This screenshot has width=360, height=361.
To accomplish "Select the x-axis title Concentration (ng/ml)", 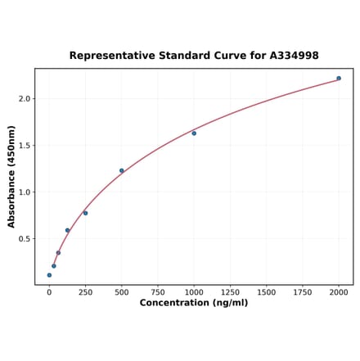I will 194,303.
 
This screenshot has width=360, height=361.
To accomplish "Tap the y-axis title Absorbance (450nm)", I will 11,177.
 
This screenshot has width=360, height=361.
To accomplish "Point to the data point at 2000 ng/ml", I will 339,79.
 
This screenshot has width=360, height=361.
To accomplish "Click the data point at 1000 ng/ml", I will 194,133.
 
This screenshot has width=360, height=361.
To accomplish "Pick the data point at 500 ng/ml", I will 122,171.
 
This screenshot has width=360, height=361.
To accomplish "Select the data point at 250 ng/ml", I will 85,213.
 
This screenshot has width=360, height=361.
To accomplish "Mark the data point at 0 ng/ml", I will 49,275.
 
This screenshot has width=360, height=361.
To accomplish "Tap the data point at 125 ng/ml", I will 67,231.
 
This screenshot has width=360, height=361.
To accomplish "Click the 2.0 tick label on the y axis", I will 24,99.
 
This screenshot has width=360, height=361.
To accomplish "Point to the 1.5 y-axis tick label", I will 24,146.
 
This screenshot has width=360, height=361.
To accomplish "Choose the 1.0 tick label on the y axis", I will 24,192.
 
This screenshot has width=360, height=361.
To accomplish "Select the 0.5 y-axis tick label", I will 24,239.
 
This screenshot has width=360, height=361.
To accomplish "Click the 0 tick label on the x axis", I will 49,291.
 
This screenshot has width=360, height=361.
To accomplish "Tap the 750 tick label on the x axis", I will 158,291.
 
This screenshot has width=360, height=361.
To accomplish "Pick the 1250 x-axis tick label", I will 230,291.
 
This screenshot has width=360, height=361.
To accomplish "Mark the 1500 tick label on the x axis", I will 266,291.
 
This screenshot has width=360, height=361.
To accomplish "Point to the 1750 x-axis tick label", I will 303,291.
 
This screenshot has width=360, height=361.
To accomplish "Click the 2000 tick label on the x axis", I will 339,291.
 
